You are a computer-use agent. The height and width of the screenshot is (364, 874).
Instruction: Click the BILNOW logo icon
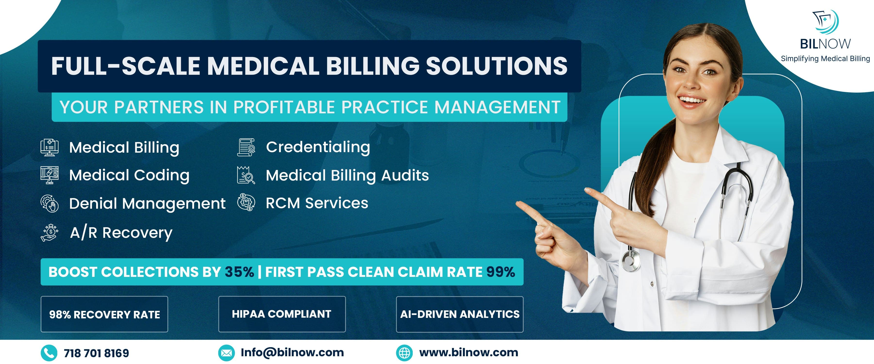825,22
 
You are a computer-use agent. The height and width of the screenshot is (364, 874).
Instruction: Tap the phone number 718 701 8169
96,353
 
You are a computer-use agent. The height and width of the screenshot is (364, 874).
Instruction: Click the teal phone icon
49,353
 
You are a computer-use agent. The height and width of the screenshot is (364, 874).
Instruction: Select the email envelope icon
226,353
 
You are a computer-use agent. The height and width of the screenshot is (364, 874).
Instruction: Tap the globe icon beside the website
404,353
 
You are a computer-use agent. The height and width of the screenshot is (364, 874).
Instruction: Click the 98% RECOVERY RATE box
104,314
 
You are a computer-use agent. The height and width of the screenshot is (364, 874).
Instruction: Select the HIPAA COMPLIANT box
282,314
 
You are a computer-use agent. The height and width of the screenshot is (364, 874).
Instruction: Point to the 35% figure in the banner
239,272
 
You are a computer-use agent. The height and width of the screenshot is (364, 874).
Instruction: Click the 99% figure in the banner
500,272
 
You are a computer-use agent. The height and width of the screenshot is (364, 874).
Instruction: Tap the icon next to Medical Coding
50,175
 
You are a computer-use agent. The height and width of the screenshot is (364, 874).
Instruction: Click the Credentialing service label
318,147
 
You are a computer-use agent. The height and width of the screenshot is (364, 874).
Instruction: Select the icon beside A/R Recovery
50,233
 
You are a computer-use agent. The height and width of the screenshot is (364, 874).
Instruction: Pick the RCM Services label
317,203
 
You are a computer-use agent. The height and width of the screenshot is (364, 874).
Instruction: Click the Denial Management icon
50,204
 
